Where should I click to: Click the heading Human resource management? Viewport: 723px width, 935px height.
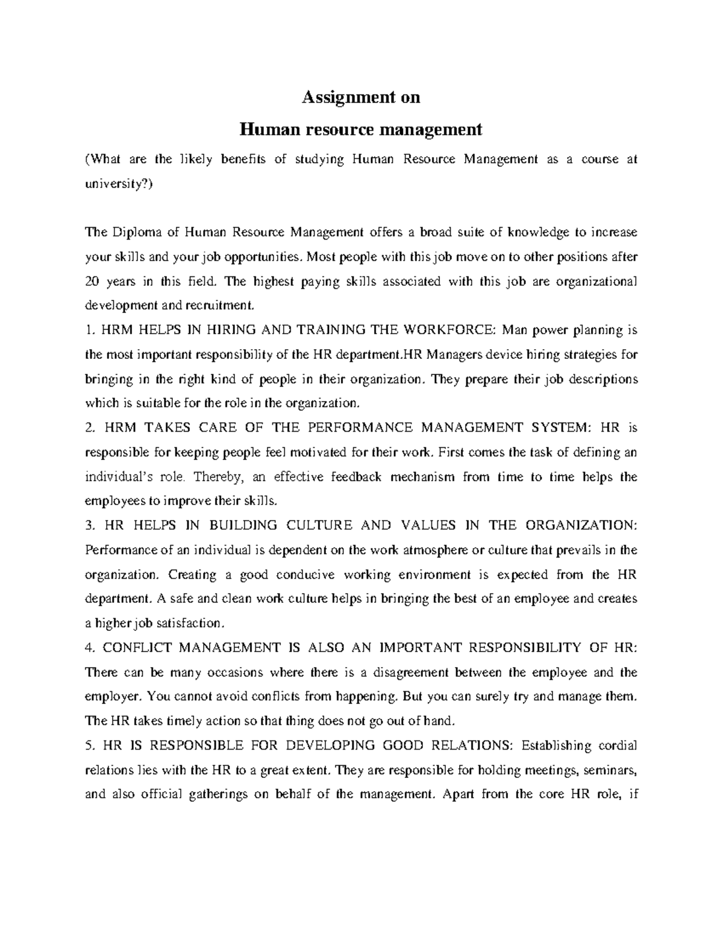tap(361, 129)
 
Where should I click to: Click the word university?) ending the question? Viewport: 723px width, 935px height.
tap(119, 184)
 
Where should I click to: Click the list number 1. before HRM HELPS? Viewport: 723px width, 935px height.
tap(89, 330)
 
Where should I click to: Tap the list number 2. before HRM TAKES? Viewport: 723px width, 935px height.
tap(90, 427)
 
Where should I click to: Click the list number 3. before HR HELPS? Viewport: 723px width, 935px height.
tap(90, 525)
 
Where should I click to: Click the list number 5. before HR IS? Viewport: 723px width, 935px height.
tap(90, 745)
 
